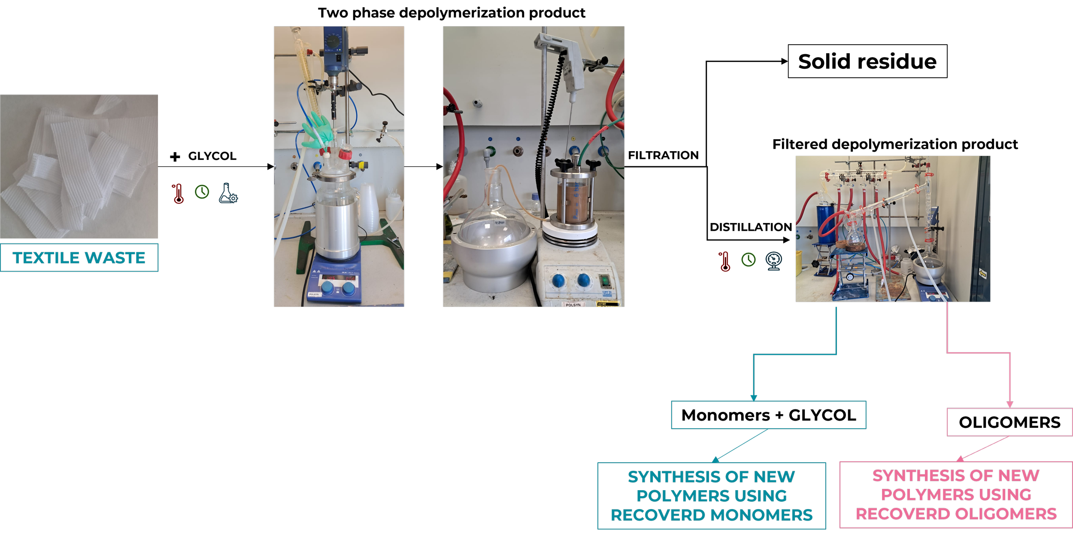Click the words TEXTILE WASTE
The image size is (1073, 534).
79,258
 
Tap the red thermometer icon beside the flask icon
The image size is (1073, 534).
178,194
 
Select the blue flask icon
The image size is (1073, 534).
228,193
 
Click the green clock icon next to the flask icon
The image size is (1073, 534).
202,192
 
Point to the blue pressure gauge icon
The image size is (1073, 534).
774,261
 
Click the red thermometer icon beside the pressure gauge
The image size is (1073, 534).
724,262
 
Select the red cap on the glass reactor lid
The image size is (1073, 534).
345,154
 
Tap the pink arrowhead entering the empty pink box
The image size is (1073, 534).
1009,405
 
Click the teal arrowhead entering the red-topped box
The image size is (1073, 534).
753,399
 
